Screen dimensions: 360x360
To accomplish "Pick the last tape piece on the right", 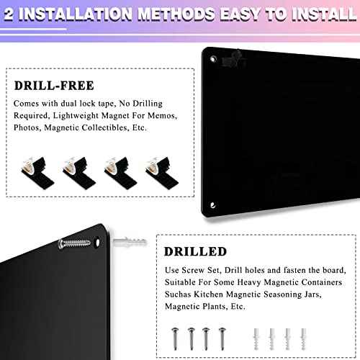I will pyautogui.click(x=158, y=168).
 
